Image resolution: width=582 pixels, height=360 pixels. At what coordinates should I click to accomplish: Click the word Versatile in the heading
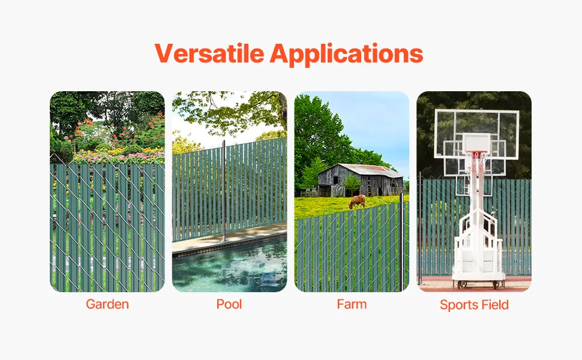point(209,53)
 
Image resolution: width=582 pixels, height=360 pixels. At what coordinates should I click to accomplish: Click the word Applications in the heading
point(346,54)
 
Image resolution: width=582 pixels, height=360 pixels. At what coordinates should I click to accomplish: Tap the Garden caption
point(107,304)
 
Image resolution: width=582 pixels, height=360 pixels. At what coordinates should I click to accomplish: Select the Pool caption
point(229,304)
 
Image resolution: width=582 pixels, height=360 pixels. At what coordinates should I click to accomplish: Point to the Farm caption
point(352,304)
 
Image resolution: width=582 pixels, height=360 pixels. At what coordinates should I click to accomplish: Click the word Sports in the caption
point(454,305)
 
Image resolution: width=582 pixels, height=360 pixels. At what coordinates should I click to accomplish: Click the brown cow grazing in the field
point(357,201)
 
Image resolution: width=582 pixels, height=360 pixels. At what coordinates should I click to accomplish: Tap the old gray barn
point(361,180)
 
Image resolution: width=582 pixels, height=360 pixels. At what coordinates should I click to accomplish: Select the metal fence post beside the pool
point(224,191)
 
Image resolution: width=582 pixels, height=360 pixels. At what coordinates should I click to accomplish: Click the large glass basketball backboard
point(476,134)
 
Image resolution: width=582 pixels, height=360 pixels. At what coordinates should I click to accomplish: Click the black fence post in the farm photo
point(401,241)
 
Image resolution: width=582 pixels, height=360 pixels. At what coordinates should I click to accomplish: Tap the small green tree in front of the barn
point(352,184)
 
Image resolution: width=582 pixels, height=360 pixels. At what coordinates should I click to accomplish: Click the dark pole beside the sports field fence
point(420,228)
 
